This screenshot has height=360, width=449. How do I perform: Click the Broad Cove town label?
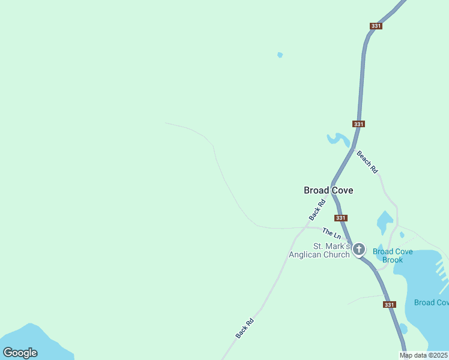click(328, 190)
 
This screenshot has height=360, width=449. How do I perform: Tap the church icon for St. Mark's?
click(359, 249)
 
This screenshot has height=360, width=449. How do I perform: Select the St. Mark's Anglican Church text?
click(319, 250)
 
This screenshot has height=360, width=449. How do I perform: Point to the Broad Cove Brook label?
click(393, 256)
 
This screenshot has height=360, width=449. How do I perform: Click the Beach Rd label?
click(367, 162)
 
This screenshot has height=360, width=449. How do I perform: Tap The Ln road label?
click(331, 232)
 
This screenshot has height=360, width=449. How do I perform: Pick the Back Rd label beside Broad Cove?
click(316, 209)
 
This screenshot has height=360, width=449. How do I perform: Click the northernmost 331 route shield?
click(376, 26)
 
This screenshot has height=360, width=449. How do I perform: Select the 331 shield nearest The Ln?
click(341, 218)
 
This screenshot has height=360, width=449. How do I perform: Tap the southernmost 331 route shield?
click(390, 304)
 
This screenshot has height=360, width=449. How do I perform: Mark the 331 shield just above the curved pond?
click(358, 124)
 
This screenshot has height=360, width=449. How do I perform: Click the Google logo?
click(20, 353)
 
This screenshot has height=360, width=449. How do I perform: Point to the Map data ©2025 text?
click(424, 355)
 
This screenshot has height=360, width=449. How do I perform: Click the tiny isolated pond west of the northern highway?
click(280, 55)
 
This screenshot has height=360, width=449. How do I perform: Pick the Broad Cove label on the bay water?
click(432, 302)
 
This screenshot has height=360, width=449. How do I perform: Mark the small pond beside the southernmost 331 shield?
click(403, 329)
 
